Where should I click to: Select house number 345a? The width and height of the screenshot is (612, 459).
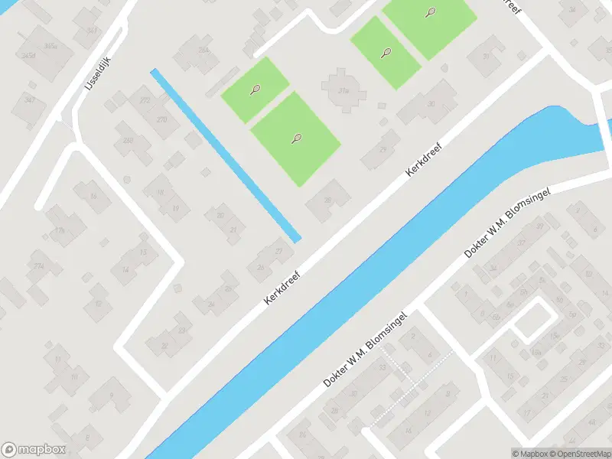tap(50, 46)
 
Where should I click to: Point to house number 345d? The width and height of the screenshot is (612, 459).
tap(29, 56)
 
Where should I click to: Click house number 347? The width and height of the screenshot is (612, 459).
tap(30, 101)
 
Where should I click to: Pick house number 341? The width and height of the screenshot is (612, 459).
tap(92, 31)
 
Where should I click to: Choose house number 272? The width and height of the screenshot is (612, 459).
tap(145, 100)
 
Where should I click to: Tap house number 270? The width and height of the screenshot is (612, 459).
tap(161, 119)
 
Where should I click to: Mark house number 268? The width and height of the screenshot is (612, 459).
tap(128, 140)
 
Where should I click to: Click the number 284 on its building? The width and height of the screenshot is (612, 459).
tap(203, 50)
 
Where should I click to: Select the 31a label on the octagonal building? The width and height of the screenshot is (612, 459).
tap(344, 90)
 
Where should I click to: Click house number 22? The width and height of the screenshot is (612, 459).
tap(164, 345)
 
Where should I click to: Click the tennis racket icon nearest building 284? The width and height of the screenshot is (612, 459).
tap(255, 90)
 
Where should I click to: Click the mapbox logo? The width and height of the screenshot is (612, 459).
tap(34, 450)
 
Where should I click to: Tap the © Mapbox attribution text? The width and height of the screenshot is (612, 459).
tap(529, 454)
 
